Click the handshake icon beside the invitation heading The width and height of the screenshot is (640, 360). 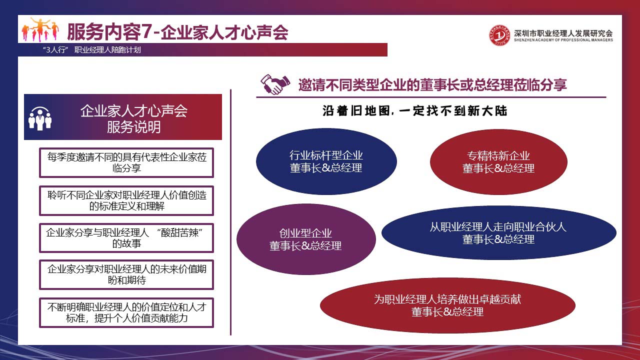pos(275,84)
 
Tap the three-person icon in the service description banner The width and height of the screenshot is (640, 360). pos(40,118)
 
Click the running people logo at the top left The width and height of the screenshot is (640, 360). pos(40,29)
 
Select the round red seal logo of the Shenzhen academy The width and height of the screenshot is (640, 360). pos(499,35)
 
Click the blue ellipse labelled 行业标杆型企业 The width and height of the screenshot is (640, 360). pos(326,161)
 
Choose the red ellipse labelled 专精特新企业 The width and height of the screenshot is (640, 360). pos(498,162)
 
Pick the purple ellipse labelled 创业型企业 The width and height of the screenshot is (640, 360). pos(306,239)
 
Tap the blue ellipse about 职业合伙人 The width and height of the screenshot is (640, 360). pos(498,233)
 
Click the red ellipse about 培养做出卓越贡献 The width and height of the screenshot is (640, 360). pos(447,305)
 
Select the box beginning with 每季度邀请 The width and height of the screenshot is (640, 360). pos(126,162)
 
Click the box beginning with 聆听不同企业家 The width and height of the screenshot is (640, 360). pos(126,200)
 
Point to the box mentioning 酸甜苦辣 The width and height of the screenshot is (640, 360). pos(126,238)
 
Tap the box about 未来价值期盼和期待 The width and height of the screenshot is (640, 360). pos(126,274)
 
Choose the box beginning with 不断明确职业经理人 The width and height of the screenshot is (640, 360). pos(126,312)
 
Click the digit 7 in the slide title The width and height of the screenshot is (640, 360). pos(146,31)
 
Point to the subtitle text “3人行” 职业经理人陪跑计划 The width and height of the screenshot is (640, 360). pos(91,49)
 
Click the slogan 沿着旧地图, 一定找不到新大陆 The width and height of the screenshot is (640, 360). pos(415,111)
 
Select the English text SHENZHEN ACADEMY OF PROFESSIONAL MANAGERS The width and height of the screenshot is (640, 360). pos(563,40)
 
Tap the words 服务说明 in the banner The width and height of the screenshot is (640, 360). pos(133,127)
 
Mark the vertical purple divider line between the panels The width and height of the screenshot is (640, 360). pos(230,212)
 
